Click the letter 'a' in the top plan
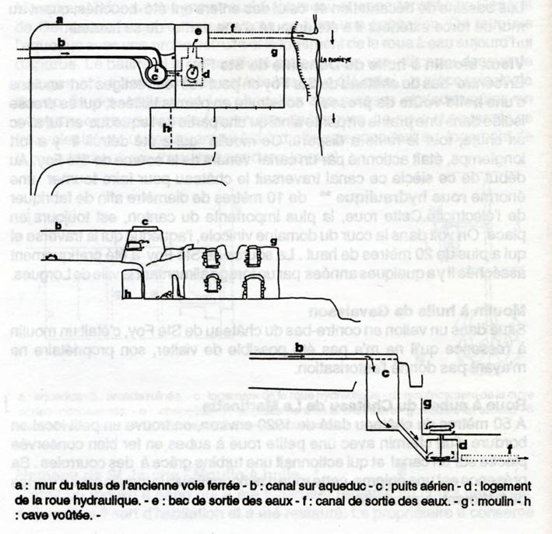point(60,21)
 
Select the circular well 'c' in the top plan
point(156,76)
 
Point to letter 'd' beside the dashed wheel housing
point(206,74)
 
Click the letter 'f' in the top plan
point(232,26)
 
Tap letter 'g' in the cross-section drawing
point(427,402)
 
